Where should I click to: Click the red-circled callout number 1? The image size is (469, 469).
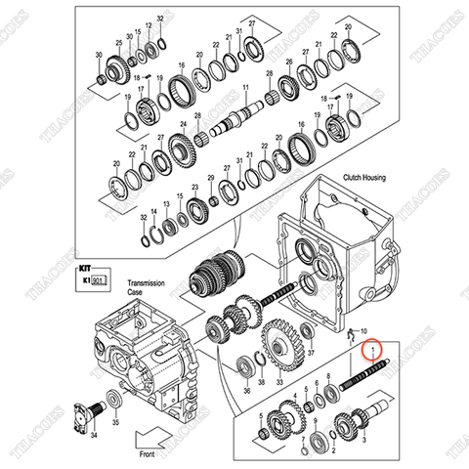[370, 350]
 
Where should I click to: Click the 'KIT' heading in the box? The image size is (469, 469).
[84, 265]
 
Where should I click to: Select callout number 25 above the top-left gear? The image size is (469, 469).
[119, 44]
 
